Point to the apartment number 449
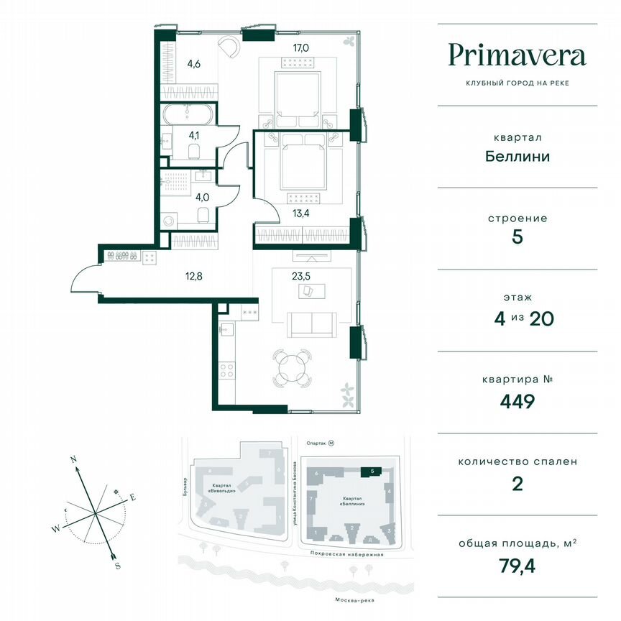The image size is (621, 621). click(x=517, y=401)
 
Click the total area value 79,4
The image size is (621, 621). click(x=517, y=566)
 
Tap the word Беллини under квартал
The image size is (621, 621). click(x=517, y=156)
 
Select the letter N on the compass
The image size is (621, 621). click(x=73, y=458)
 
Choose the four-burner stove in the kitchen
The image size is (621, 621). click(x=227, y=370)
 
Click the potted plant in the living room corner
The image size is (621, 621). click(x=348, y=392)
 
